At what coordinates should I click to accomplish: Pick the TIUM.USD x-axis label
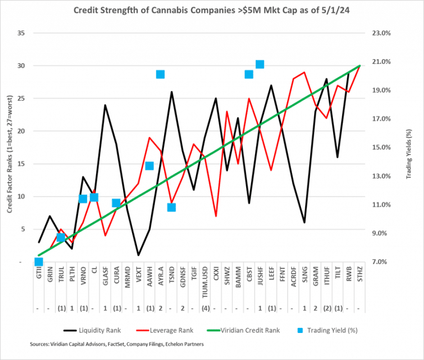click(x=205, y=281)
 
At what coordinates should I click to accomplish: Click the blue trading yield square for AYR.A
click(x=160, y=75)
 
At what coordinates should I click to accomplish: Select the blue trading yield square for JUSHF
click(x=260, y=65)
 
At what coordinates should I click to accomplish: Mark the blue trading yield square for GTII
click(x=39, y=262)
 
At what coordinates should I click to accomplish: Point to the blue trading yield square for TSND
click(x=172, y=208)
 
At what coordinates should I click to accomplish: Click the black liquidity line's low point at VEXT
click(x=138, y=255)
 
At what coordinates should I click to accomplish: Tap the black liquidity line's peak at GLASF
click(x=105, y=105)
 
